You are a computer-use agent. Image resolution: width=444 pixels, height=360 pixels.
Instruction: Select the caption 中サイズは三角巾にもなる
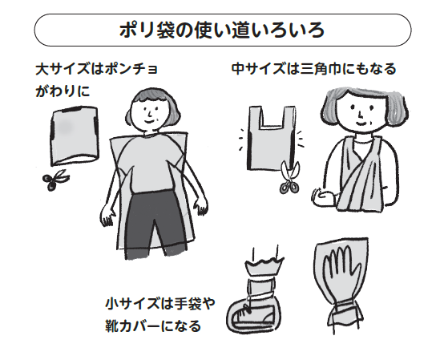[314, 70]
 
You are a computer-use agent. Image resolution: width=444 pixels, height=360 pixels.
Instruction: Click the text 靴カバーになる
[152, 327]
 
